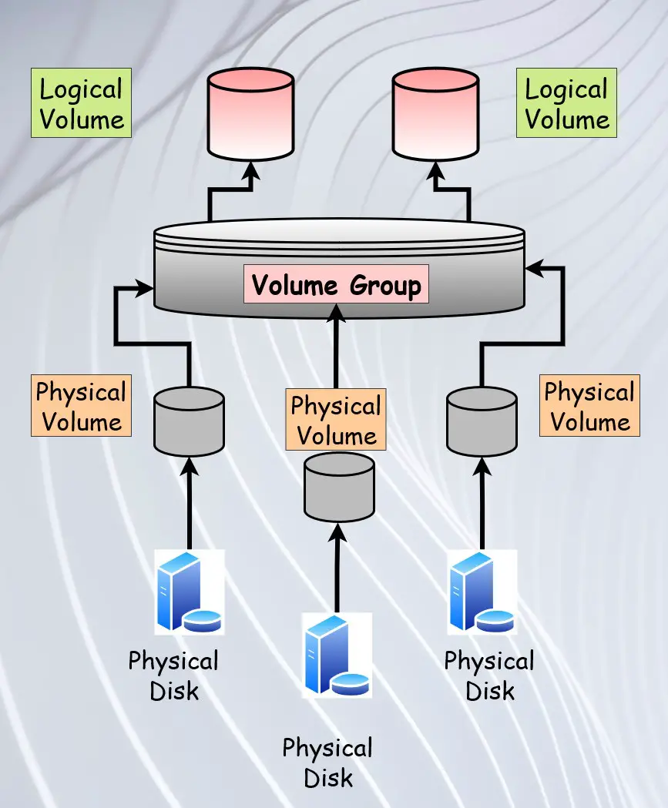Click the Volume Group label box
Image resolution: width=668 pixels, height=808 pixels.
click(336, 284)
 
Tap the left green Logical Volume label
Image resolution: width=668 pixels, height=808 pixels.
click(82, 103)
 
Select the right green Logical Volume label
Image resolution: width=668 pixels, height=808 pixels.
click(566, 103)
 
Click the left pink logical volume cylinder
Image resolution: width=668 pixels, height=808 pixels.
click(250, 114)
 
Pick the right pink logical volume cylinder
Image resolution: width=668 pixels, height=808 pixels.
click(435, 114)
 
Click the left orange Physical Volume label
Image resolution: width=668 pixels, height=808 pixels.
click(82, 406)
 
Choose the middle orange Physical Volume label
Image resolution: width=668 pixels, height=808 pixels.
click(336, 420)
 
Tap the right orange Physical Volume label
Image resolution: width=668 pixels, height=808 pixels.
click(589, 406)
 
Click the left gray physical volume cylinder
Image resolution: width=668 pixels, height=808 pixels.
click(190, 421)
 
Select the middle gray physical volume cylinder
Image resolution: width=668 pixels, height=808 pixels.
click(339, 487)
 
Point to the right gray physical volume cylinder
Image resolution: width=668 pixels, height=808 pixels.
click(482, 421)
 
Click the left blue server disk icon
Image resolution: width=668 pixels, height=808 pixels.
click(190, 592)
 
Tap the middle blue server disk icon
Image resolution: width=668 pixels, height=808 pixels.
click(337, 655)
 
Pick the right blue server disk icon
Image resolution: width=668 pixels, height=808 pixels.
click(482, 592)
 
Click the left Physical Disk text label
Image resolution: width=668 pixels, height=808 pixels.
click(173, 676)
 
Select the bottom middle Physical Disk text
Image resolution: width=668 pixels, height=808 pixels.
click(327, 763)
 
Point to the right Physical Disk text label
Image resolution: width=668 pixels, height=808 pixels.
click(489, 676)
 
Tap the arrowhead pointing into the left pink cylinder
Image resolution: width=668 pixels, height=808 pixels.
click(251, 170)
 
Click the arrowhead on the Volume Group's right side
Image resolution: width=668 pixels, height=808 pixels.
click(534, 268)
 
